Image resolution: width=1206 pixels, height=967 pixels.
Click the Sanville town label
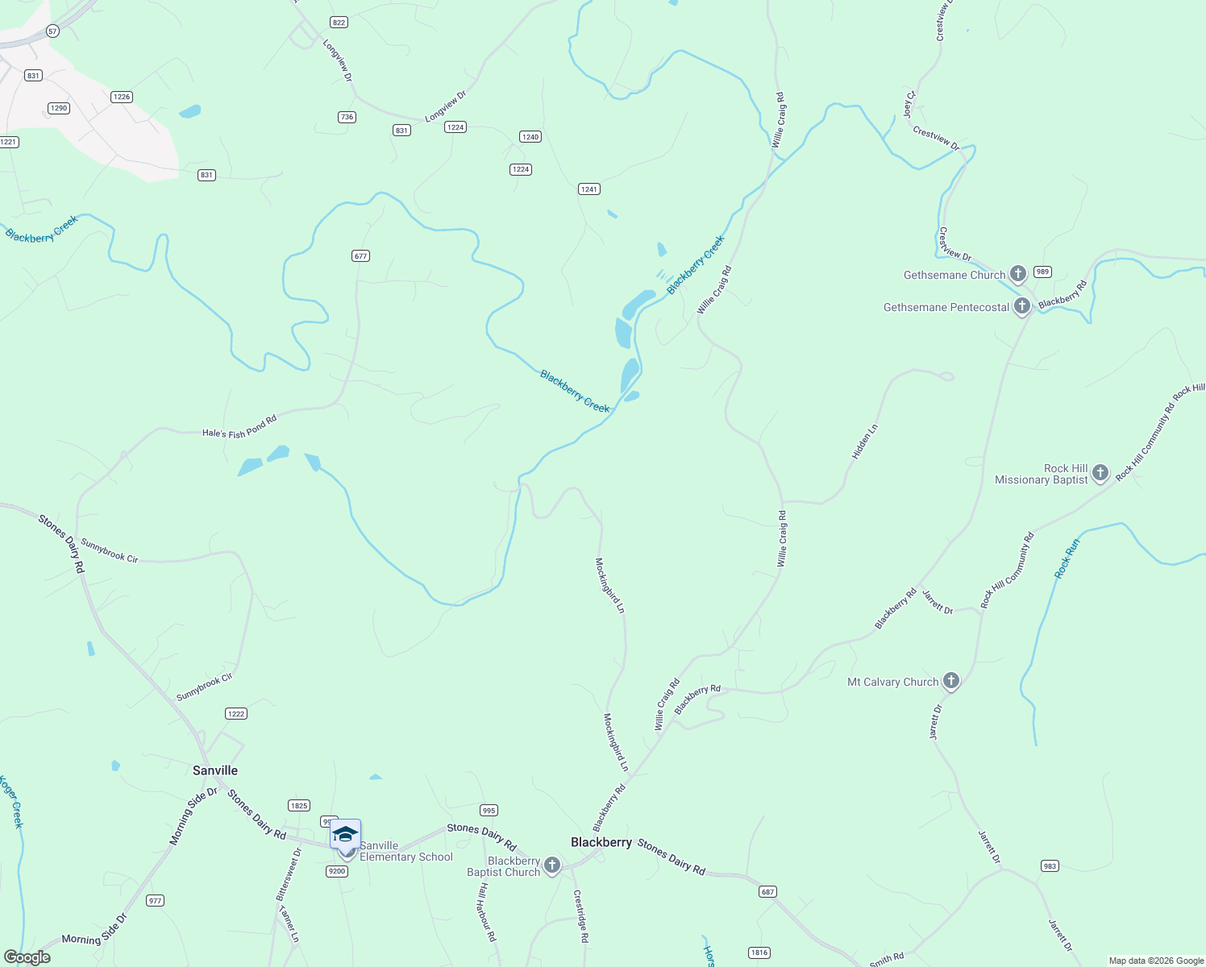215,770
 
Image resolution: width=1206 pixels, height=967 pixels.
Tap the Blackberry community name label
601,842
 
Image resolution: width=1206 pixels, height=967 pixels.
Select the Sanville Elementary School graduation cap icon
345,833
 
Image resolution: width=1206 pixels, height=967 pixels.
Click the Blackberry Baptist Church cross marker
552,865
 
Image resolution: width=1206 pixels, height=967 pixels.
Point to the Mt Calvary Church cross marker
951,682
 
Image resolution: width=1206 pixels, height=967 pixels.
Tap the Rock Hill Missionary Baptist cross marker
1100,473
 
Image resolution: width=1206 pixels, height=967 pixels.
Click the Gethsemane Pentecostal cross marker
1022,306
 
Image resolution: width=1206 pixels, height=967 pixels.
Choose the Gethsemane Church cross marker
1018,274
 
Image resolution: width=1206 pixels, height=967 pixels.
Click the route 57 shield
52,31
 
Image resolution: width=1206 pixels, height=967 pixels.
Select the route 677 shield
360,256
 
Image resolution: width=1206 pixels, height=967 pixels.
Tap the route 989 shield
1042,272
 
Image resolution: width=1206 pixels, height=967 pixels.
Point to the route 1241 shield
589,189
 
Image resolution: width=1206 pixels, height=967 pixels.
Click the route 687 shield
767,892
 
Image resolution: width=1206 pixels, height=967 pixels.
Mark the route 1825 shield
299,806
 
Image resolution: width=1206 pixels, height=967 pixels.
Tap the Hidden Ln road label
864,442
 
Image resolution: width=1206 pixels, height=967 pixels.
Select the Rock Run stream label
1067,558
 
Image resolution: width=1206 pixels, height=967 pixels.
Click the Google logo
27,957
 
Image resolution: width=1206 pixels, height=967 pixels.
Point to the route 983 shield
1050,866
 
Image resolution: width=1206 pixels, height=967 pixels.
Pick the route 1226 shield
122,97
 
